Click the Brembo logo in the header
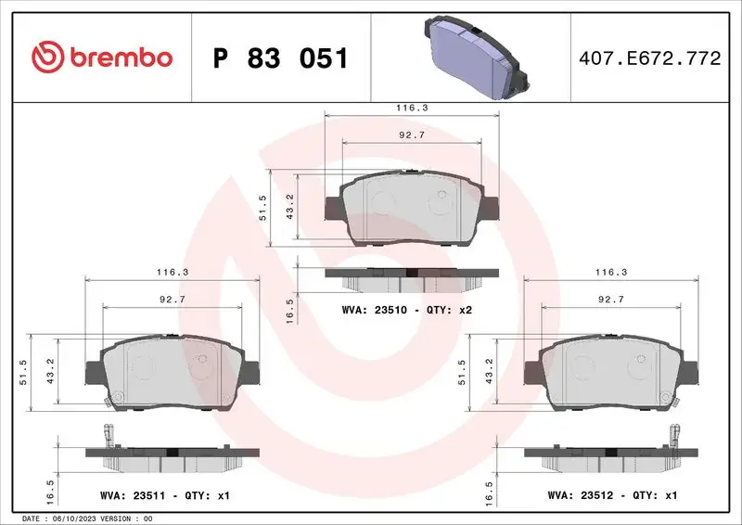(x=101, y=58)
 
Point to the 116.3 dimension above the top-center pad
(x=412, y=108)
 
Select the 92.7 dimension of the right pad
(x=610, y=299)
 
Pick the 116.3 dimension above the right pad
(x=610, y=273)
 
